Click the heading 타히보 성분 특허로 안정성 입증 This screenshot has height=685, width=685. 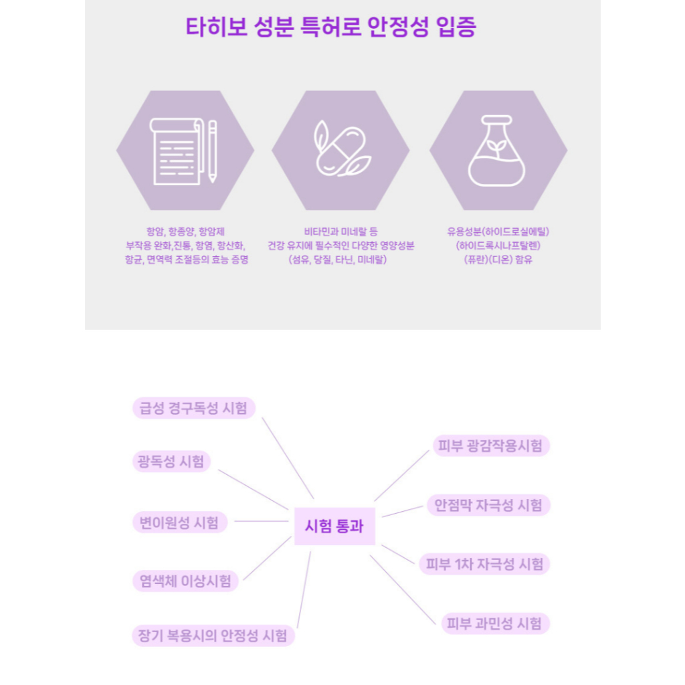point(330,27)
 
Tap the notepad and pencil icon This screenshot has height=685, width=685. point(183,151)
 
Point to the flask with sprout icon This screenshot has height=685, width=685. point(497,151)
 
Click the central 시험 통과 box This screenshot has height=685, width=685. point(334,526)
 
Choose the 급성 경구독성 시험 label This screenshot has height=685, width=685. point(193,408)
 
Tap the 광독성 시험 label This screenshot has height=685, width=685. point(171,462)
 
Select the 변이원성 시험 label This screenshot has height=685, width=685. point(179,522)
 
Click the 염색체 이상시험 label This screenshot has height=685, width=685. point(185,581)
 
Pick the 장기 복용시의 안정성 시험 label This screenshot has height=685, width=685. point(213,635)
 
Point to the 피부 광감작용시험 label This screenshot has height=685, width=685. point(490,446)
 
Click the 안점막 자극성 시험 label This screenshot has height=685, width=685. point(488,505)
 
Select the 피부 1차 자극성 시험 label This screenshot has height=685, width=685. point(484,564)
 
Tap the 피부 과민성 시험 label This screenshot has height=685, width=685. point(495,623)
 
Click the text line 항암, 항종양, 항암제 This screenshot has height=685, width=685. point(186,231)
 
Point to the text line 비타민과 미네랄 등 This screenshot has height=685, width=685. point(340,231)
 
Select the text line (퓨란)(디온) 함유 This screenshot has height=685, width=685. point(498,260)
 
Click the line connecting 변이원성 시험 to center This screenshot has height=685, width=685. point(262,521)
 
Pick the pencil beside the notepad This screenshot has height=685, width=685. point(213,151)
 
